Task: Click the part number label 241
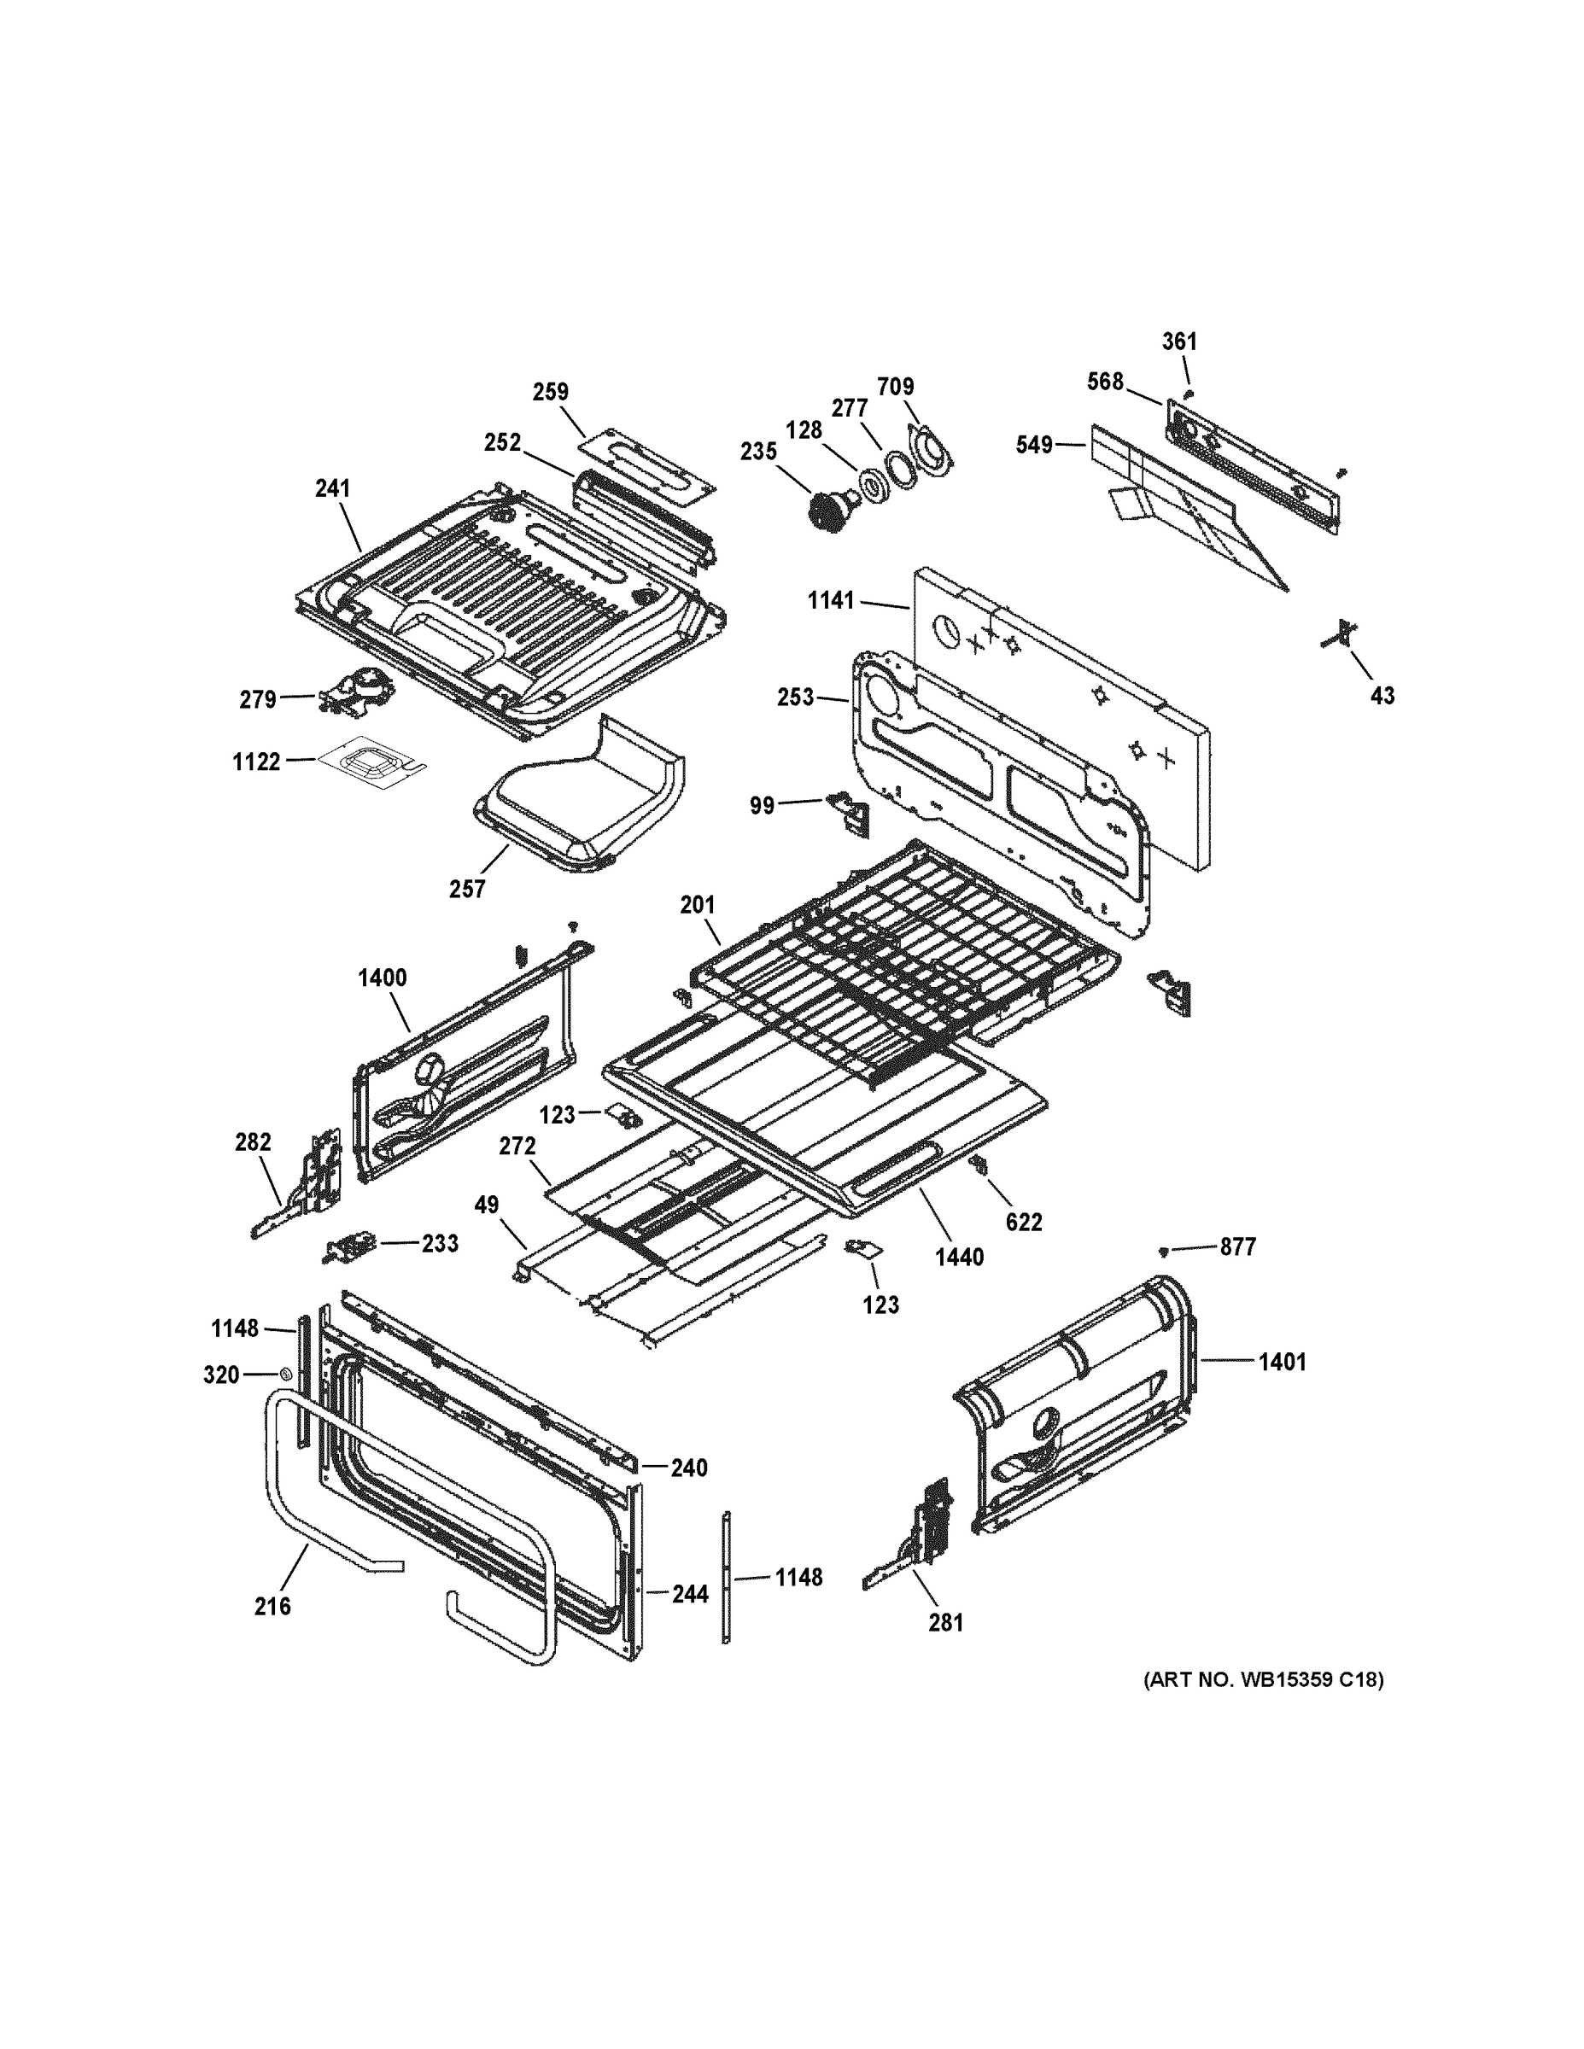(x=332, y=487)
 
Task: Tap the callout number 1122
(x=256, y=762)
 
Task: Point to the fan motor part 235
(x=827, y=511)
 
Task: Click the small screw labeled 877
(x=1164, y=1251)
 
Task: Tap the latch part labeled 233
(x=348, y=1248)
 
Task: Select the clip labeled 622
(x=981, y=1166)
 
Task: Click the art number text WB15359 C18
(x=1262, y=1679)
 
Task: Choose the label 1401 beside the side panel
(x=1282, y=1362)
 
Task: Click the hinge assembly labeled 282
(x=310, y=1182)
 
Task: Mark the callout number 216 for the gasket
(x=272, y=1606)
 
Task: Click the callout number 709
(x=895, y=387)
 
